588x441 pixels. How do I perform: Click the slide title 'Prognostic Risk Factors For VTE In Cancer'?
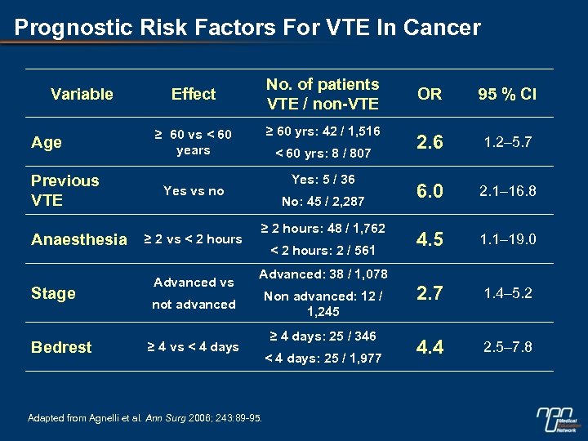click(x=247, y=28)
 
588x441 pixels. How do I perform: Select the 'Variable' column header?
click(x=82, y=94)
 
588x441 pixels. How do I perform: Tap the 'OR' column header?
click(x=430, y=94)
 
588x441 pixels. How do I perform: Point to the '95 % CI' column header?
click(x=507, y=94)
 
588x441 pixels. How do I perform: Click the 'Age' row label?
click(x=47, y=142)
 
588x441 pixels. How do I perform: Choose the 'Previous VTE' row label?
click(x=65, y=190)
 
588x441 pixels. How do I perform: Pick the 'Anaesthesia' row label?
click(x=79, y=239)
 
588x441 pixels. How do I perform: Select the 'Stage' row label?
click(x=53, y=293)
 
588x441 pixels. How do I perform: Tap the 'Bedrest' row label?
click(x=61, y=347)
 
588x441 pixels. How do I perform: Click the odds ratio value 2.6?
click(x=430, y=142)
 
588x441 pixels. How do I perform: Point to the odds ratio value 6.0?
click(x=430, y=191)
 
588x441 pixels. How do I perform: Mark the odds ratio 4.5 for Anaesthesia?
click(x=430, y=240)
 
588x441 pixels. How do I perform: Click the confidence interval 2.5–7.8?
click(x=507, y=347)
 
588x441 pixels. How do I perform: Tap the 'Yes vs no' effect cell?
click(x=194, y=191)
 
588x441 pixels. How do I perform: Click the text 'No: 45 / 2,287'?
click(x=323, y=201)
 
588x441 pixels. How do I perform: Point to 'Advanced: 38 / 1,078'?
click(x=323, y=274)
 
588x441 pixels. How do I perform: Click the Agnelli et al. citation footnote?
click(x=145, y=418)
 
